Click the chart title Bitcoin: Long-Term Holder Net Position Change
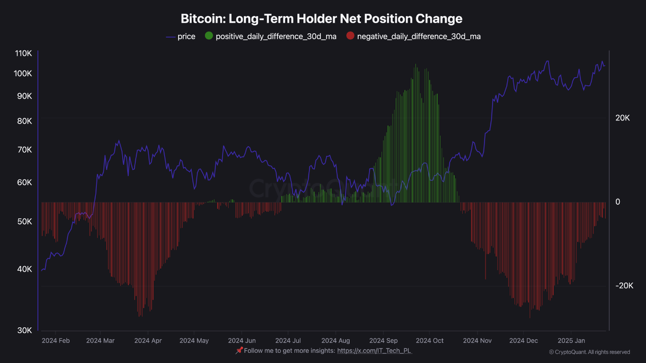click(x=321, y=19)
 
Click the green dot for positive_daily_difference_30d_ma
click(x=208, y=36)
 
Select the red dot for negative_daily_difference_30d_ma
click(x=350, y=36)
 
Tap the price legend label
click(x=186, y=36)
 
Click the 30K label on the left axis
click(x=25, y=330)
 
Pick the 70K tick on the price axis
click(x=25, y=150)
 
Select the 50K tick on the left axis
click(x=25, y=222)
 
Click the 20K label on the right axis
click(x=622, y=118)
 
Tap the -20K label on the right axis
click(x=624, y=286)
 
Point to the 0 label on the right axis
click(x=618, y=202)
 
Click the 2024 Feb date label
click(x=56, y=341)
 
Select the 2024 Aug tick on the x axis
click(x=336, y=341)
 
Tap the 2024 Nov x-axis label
click(x=477, y=341)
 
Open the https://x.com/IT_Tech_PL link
click(x=374, y=351)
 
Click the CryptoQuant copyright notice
click(x=589, y=352)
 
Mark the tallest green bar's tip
click(x=415, y=64)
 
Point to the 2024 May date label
click(x=194, y=341)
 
